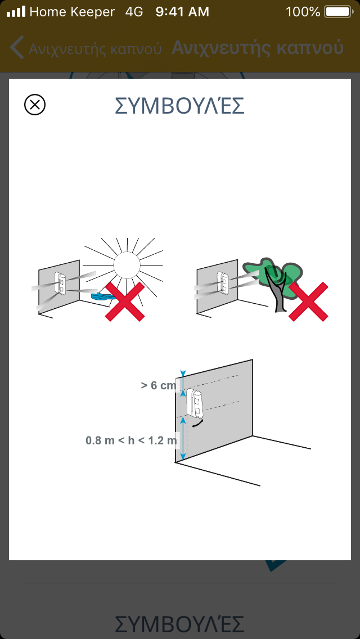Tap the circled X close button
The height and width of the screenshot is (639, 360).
tap(35, 105)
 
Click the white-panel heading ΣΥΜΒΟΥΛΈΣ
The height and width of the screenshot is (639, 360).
tap(180, 106)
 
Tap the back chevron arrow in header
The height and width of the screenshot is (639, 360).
tap(17, 47)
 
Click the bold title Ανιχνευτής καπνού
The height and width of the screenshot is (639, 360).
tap(257, 48)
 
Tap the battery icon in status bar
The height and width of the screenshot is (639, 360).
tap(338, 12)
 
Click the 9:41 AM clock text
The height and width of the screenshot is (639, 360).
tap(182, 12)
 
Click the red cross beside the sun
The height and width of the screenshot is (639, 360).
tap(125, 301)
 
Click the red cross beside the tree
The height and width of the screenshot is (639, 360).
tap(308, 301)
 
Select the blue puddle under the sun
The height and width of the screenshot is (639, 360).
tap(102, 296)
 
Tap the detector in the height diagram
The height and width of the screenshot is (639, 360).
tap(195, 403)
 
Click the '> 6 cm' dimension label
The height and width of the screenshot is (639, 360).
tap(158, 385)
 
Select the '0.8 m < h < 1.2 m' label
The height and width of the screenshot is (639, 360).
tap(131, 440)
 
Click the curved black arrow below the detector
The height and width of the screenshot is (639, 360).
tap(198, 424)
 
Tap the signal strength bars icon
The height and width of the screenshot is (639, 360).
tap(16, 12)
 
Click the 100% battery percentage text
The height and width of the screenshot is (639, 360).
tap(303, 12)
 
